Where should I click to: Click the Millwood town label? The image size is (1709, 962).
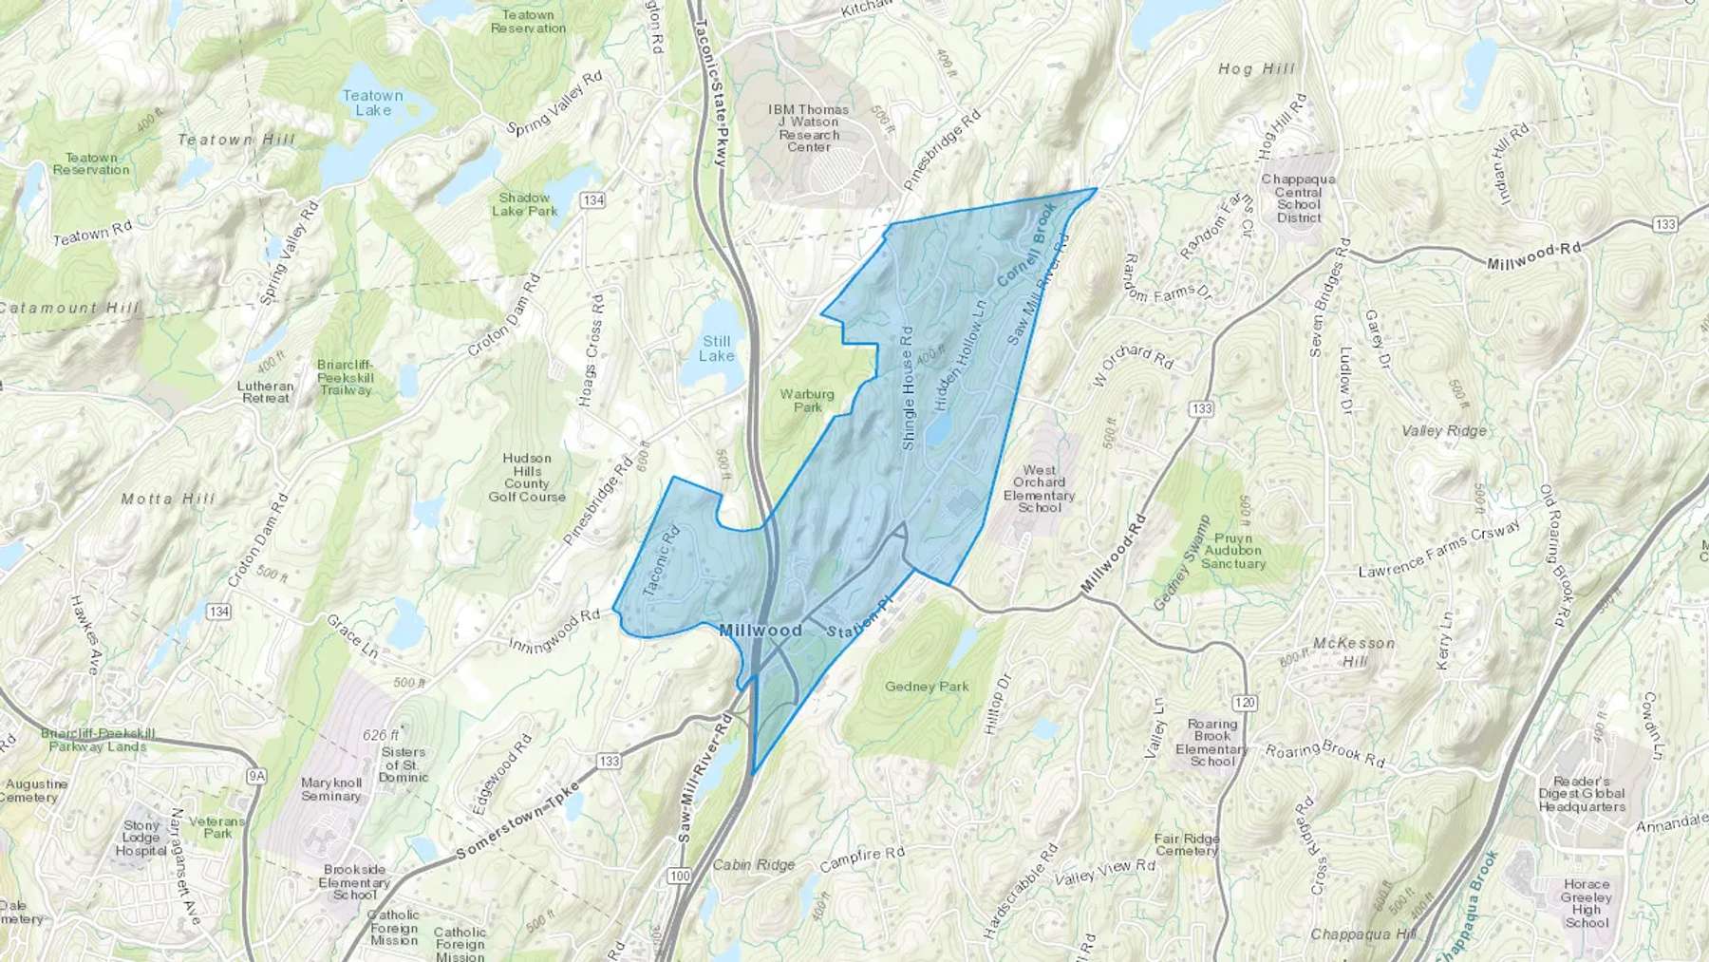pos(760,631)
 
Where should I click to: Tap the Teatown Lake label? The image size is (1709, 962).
pos(372,103)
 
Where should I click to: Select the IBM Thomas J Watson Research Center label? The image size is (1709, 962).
pos(809,128)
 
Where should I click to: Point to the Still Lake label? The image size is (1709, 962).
pos(717,349)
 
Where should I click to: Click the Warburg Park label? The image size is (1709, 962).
pos(807,401)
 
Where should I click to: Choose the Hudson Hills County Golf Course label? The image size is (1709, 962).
pos(527,478)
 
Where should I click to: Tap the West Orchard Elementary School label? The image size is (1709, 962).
pos(1039,489)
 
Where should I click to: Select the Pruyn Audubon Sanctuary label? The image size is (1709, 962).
pos(1233,551)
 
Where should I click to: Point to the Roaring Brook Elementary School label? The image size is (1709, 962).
pos(1211,743)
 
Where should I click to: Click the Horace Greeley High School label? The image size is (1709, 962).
pos(1586,903)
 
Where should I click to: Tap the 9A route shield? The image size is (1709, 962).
pos(255,776)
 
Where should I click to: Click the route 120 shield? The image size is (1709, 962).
pos(1246,703)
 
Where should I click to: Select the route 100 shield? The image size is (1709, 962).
pos(678,876)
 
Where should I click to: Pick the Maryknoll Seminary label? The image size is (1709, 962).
pos(330,789)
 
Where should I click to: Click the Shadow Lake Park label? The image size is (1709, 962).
pos(524,204)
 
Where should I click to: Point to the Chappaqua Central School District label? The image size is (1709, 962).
pos(1298,198)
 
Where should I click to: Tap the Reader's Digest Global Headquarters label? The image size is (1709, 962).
pos(1582,794)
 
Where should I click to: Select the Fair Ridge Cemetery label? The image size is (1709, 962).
pos(1187,845)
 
